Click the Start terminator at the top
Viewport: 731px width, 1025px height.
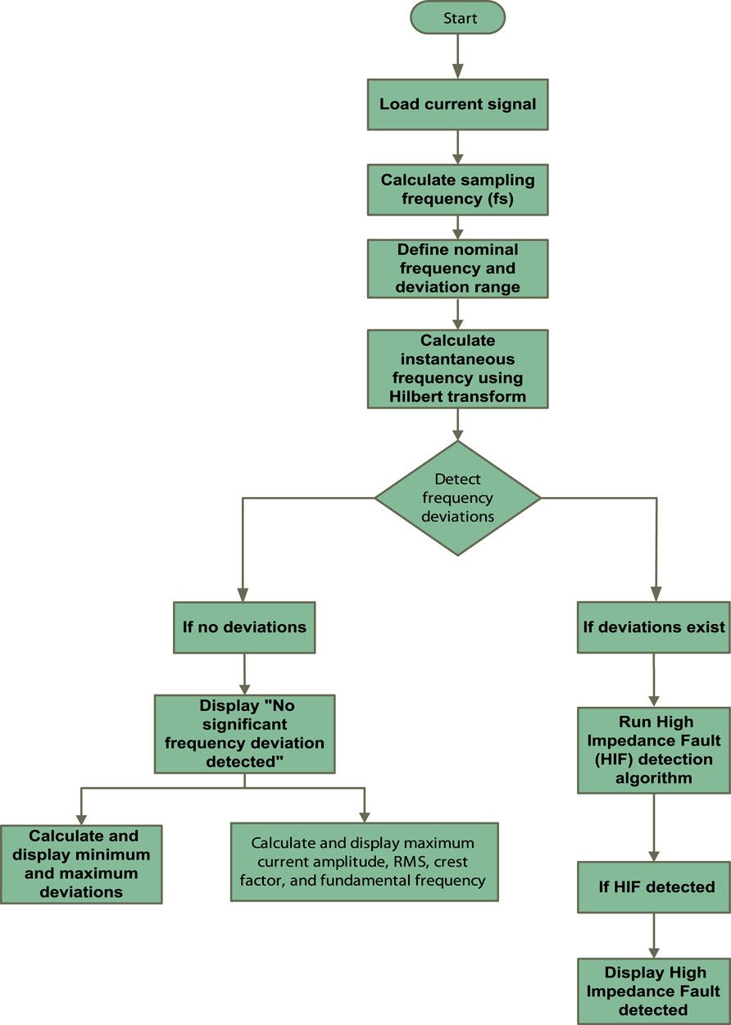pyautogui.click(x=457, y=17)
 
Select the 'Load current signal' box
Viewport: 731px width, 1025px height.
pyautogui.click(x=457, y=104)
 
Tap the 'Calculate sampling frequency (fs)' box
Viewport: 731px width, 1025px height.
pyautogui.click(x=457, y=189)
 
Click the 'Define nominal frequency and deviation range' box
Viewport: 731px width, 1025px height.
pyautogui.click(x=457, y=268)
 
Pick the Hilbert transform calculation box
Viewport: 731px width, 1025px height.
pyautogui.click(x=457, y=368)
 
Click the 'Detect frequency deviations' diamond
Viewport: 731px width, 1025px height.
pyautogui.click(x=457, y=498)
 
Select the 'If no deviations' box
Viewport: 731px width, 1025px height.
pyautogui.click(x=243, y=627)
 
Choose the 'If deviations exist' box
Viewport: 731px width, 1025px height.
pyautogui.click(x=653, y=627)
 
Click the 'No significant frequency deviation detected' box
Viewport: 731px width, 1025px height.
pyautogui.click(x=244, y=733)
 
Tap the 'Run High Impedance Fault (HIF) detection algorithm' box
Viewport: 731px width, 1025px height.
pyautogui.click(x=653, y=750)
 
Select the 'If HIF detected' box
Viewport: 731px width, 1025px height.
pyautogui.click(x=653, y=886)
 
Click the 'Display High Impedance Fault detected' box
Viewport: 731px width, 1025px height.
pyautogui.click(x=653, y=991)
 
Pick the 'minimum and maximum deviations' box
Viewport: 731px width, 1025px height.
pyautogui.click(x=81, y=863)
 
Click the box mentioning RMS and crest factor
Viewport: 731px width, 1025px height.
pyautogui.click(x=363, y=862)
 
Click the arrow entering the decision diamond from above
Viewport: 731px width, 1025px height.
pyautogui.click(x=457, y=424)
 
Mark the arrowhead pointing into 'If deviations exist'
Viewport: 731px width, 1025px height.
pyautogui.click(x=653, y=597)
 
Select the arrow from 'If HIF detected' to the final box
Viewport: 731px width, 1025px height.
pyautogui.click(x=653, y=935)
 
